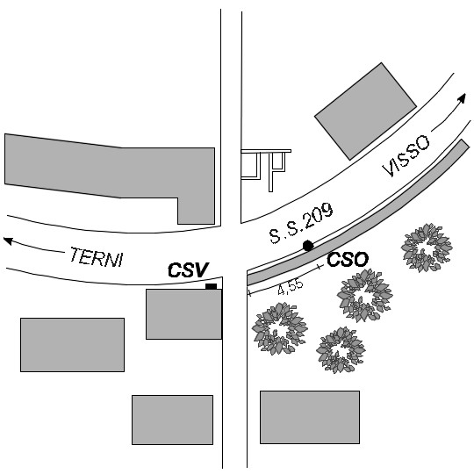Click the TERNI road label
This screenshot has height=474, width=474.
97,257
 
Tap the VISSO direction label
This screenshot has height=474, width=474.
406,155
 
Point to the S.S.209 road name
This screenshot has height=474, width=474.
301,223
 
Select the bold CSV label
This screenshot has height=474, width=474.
189,270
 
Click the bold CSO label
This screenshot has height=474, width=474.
348,259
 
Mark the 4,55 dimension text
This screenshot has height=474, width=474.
291,287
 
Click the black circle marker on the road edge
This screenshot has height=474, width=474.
308,246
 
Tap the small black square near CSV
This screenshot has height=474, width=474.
211,286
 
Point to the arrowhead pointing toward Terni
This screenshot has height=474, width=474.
8,241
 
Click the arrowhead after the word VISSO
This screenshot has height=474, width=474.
462,98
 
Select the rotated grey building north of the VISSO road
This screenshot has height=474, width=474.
365,111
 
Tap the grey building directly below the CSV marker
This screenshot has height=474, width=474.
183,314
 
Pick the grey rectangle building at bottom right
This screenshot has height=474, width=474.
310,417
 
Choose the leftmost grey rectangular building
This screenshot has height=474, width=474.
72,345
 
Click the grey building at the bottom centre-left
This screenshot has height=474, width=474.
172,420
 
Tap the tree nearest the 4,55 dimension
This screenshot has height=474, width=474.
280,328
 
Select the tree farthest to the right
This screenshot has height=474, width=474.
427,248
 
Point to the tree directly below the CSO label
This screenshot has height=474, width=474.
364,295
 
